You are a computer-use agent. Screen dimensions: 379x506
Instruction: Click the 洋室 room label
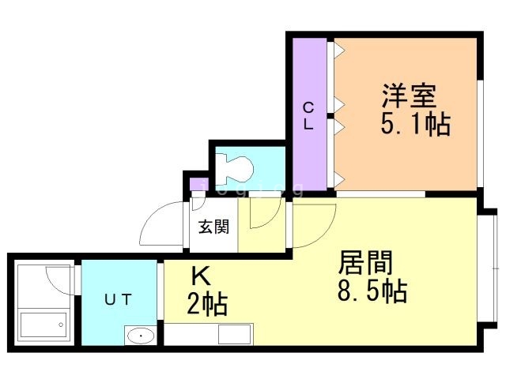pyautogui.click(x=409, y=98)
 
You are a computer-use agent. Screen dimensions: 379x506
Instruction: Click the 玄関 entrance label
pyautogui.click(x=213, y=227)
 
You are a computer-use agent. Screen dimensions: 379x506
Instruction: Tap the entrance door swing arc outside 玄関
pyautogui.click(x=162, y=225)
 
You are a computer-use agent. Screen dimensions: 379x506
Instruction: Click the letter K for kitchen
pyautogui.click(x=202, y=276)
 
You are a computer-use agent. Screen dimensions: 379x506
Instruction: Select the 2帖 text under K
pyautogui.click(x=208, y=303)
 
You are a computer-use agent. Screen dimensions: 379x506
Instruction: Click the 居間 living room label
pyautogui.click(x=366, y=263)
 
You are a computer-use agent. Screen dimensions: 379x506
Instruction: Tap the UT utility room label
pyautogui.click(x=119, y=298)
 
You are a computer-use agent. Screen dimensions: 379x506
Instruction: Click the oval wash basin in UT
pyautogui.click(x=141, y=336)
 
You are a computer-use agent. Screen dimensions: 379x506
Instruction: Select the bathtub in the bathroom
pyautogui.click(x=43, y=326)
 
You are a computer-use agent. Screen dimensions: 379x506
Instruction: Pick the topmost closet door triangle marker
pyautogui.click(x=338, y=51)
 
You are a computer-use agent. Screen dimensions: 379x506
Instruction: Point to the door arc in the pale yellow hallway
pyautogui.click(x=264, y=213)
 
